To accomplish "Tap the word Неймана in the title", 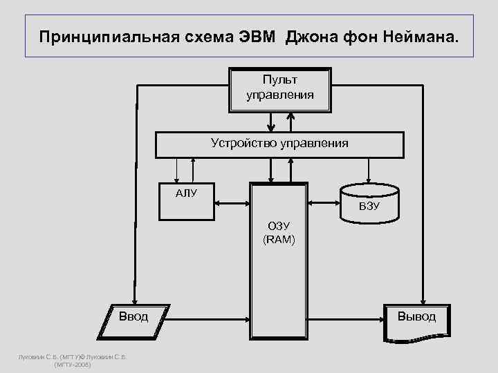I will click(421, 35).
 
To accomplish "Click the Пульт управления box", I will click(279, 88).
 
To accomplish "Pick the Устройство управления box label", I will click(279, 144).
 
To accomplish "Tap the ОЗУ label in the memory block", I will click(279, 227).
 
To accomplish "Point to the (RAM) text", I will click(279, 240).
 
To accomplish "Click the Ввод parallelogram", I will click(133, 317).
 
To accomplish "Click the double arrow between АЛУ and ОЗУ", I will click(232, 203).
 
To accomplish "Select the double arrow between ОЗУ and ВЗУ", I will click(323, 203).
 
